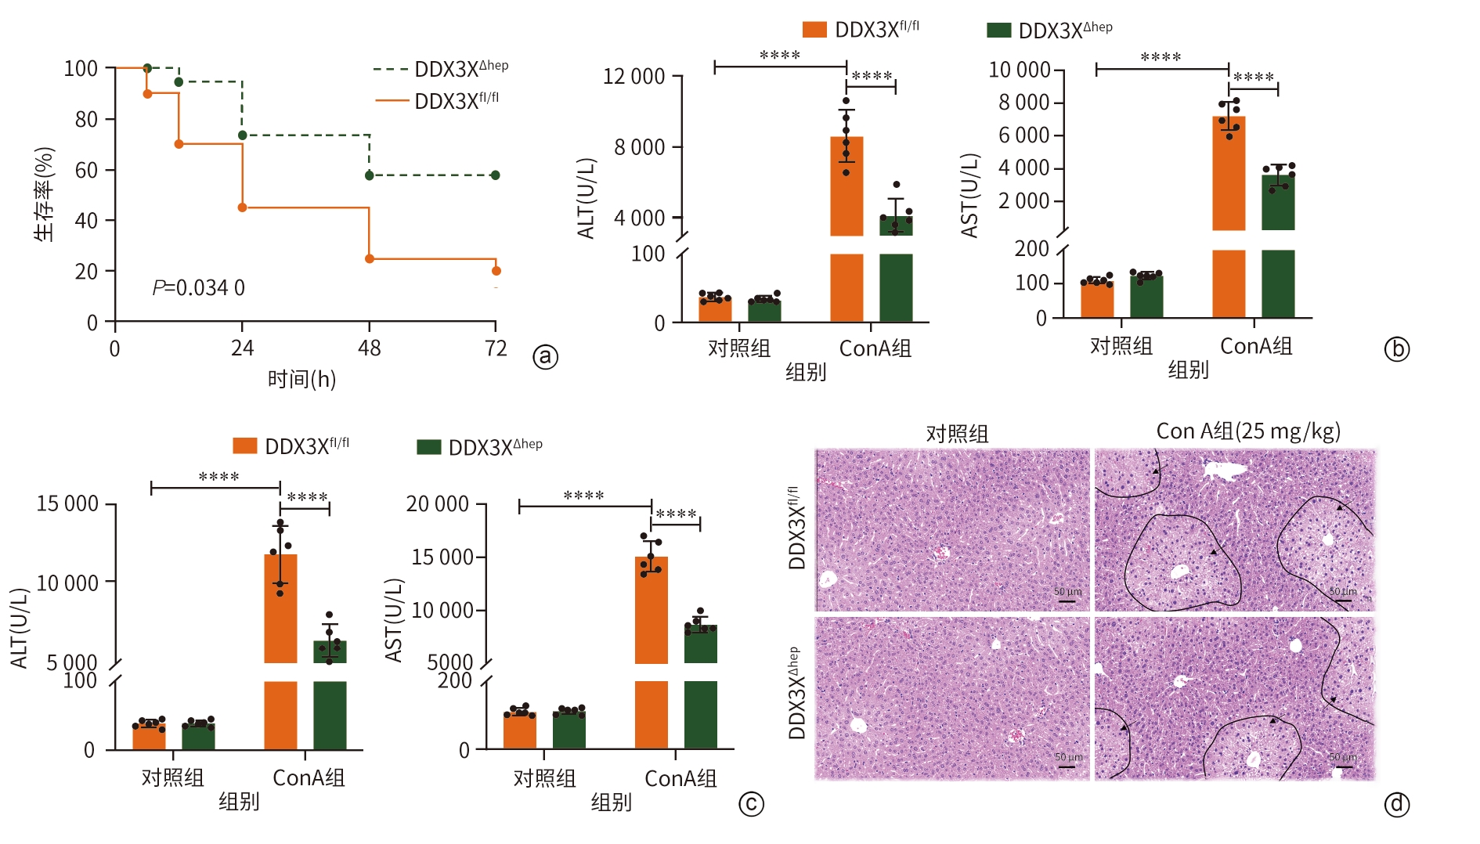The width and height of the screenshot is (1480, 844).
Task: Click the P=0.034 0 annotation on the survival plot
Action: [x=198, y=288]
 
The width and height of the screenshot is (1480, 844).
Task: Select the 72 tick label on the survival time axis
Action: [x=496, y=348]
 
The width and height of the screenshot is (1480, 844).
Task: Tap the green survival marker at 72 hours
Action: [x=496, y=175]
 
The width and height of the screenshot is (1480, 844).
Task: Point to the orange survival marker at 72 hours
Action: [x=496, y=271]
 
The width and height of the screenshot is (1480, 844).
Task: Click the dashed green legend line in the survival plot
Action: [x=391, y=70]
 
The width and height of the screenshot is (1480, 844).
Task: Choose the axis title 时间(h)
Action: [x=301, y=380]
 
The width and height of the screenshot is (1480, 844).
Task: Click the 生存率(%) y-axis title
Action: [x=45, y=194]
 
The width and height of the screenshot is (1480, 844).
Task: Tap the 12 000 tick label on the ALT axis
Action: [x=634, y=77]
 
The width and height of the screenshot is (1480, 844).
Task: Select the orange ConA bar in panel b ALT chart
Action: [x=846, y=188]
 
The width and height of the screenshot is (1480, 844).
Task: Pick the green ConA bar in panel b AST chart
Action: [x=1278, y=204]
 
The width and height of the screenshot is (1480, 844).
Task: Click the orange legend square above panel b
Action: [x=814, y=30]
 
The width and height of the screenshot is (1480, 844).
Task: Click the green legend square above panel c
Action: [x=428, y=446]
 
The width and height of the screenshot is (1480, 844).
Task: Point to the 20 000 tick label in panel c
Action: [x=437, y=504]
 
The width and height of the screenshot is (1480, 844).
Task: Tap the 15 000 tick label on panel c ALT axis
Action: [x=67, y=503]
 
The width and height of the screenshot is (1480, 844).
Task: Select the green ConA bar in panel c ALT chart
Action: [x=330, y=652]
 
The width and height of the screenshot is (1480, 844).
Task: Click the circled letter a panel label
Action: [x=546, y=357]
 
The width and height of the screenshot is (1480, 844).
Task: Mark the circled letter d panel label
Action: [x=1397, y=804]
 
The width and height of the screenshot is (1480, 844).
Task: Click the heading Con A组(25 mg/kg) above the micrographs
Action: [x=1248, y=431]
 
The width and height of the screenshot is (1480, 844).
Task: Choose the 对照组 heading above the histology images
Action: [x=957, y=433]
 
